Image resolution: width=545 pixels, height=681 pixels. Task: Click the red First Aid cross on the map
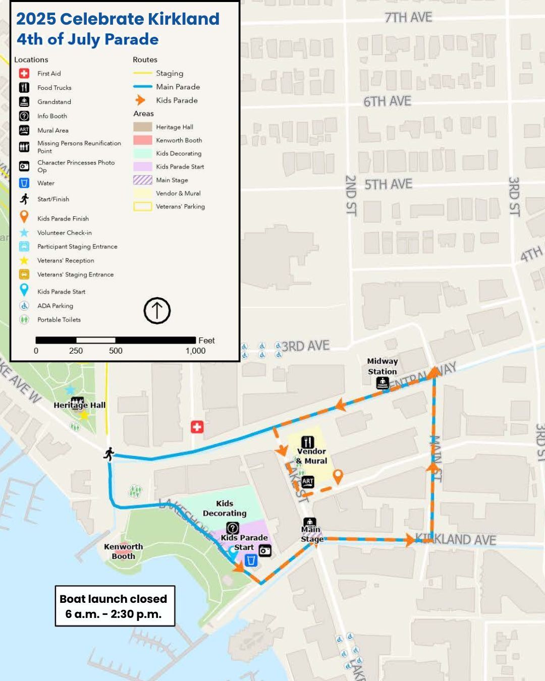tap(197, 427)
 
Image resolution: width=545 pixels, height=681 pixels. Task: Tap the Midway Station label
tap(383, 366)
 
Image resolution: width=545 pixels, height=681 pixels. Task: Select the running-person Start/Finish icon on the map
tap(108, 453)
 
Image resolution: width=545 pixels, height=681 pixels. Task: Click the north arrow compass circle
tap(157, 311)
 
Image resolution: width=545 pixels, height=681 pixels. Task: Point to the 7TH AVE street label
tap(408, 18)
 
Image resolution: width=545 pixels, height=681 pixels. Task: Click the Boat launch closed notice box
tap(115, 606)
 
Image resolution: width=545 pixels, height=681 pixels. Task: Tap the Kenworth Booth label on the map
tap(124, 551)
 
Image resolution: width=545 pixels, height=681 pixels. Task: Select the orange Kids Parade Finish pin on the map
tap(338, 476)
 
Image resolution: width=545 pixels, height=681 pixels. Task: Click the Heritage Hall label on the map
tap(80, 405)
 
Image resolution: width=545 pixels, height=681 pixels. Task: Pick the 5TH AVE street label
tap(388, 185)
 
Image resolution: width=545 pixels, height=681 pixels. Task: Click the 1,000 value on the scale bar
tap(195, 351)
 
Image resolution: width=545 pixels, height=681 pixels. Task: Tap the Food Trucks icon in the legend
tap(24, 88)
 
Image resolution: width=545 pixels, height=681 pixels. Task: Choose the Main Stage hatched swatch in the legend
tap(142, 180)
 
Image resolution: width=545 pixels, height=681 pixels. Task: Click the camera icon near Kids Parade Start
tap(265, 550)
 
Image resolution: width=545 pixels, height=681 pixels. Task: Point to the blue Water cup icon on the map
tap(251, 560)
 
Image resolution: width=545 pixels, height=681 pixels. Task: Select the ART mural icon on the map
tap(308, 482)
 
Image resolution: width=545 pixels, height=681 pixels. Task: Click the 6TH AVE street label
tap(387, 102)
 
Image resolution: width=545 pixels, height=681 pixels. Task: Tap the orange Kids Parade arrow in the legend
tap(141, 100)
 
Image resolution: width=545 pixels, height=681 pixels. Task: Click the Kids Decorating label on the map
tap(225, 508)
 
